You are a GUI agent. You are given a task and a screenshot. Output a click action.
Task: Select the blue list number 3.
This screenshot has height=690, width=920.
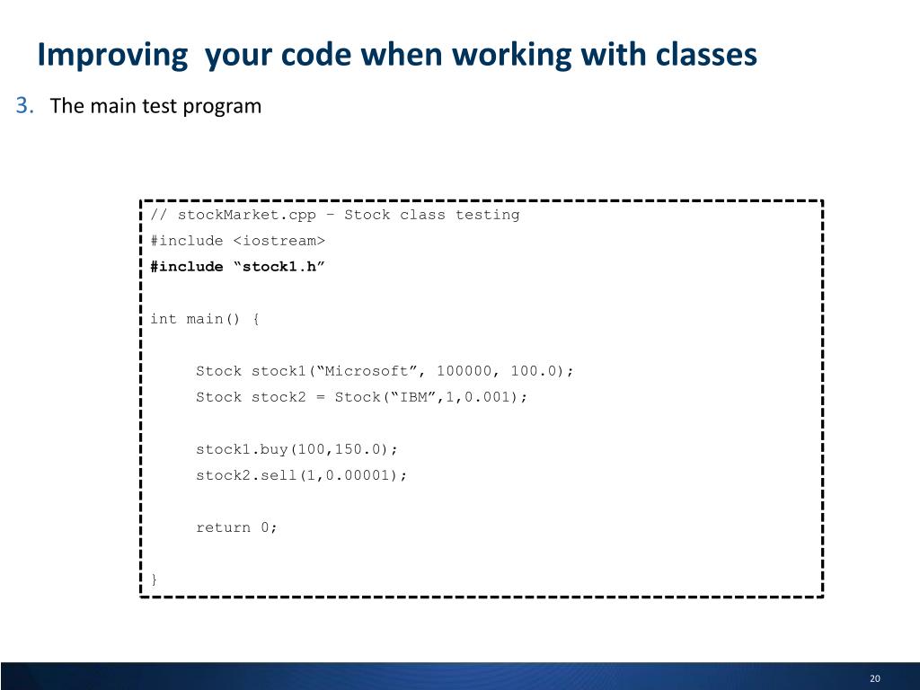coord(24,106)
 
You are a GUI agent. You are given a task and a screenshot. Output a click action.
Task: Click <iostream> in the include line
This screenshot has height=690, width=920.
coord(279,241)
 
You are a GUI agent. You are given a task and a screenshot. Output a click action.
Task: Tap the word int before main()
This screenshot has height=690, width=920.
coord(164,319)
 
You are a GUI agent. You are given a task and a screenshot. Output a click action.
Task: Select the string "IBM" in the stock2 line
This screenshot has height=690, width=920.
coord(412,397)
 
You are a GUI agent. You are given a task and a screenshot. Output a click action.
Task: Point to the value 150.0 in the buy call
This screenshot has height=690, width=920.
coord(361,449)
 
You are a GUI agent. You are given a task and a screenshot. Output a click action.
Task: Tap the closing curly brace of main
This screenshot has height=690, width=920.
coord(155,579)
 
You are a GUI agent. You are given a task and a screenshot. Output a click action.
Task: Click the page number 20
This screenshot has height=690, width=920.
coord(875,678)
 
